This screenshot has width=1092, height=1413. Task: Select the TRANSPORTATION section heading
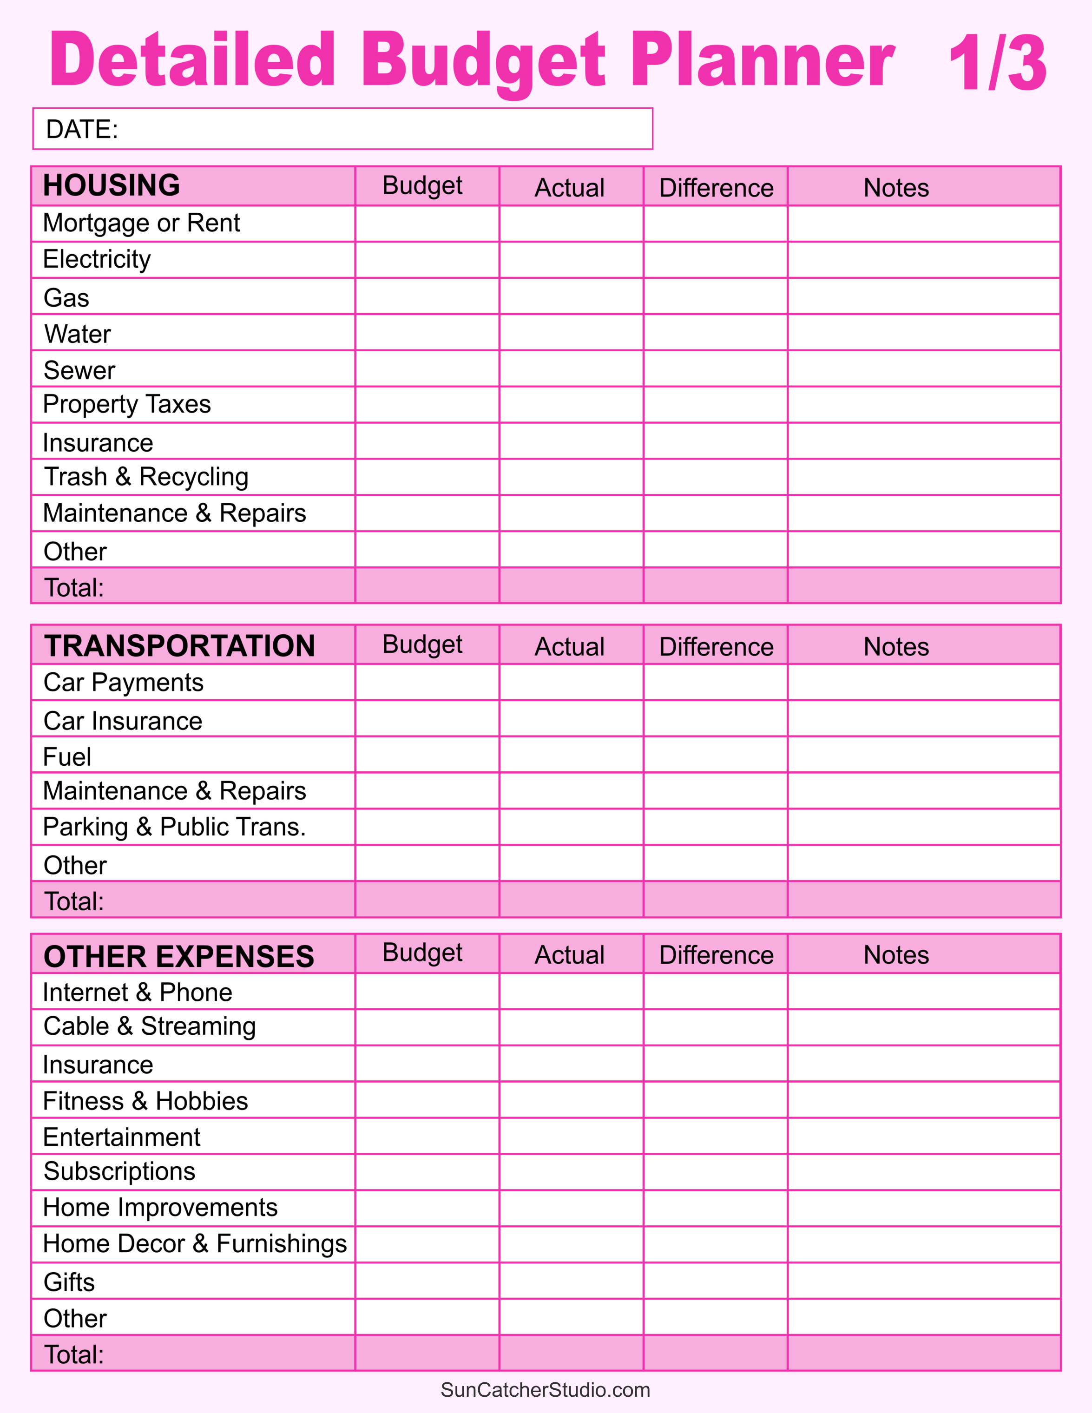(179, 646)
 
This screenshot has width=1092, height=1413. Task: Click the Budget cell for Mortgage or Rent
(427, 224)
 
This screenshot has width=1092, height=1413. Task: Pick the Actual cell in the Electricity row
(571, 260)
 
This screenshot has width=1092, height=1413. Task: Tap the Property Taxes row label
(127, 404)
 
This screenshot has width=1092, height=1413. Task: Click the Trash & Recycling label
(146, 477)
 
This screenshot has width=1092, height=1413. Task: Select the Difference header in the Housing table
(716, 188)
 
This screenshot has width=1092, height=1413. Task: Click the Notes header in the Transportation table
(896, 646)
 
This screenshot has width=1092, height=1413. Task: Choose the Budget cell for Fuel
(427, 755)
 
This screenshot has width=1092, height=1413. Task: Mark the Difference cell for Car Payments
(716, 683)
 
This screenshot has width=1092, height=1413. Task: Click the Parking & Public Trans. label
(174, 827)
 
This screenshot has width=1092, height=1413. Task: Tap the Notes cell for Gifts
(924, 1281)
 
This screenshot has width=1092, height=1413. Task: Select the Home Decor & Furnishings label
(195, 1243)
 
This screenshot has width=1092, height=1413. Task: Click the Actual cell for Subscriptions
(571, 1172)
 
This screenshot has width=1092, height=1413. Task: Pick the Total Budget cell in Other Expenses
(427, 1353)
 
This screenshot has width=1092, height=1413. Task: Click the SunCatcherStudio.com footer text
(546, 1390)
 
